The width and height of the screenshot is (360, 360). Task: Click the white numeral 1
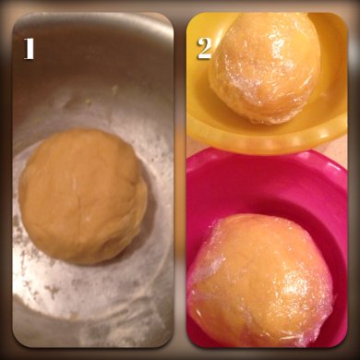tap(29, 49)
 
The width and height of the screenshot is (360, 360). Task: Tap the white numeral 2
tap(205, 49)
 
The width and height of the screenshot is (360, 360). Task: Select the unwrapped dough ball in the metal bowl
tap(82, 197)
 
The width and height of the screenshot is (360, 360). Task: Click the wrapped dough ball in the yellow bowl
tap(265, 67)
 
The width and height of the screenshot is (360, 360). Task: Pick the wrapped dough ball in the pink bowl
tap(260, 280)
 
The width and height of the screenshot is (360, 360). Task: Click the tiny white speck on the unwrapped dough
tap(89, 219)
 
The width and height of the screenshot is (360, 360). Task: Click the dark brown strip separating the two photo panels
tap(180, 180)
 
